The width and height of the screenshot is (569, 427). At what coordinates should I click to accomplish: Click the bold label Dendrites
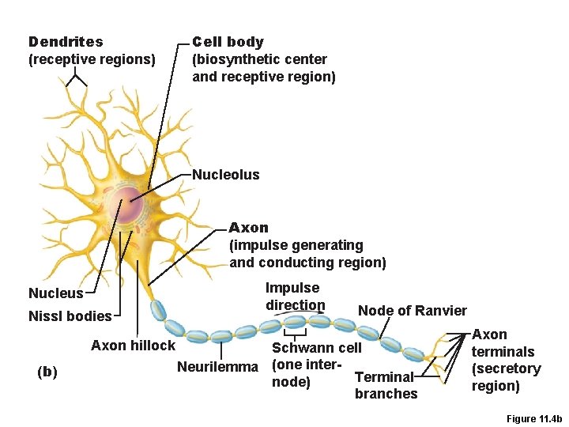[66, 42]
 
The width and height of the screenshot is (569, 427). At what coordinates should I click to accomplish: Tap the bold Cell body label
[228, 42]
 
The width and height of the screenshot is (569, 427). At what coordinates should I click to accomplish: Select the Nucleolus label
[226, 175]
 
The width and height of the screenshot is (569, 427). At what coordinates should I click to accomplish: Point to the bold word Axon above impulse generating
[249, 228]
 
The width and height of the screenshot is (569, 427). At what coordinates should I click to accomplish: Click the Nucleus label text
[55, 293]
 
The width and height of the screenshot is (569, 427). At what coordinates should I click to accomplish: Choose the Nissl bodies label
[70, 316]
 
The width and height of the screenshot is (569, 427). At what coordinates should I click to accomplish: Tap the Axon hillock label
[133, 345]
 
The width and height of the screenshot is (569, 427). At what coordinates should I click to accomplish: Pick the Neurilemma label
[217, 367]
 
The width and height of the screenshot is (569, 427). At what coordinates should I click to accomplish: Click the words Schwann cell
[316, 348]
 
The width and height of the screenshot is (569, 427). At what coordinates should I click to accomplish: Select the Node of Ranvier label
[413, 311]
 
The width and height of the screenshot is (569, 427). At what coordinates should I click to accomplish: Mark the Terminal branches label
[386, 385]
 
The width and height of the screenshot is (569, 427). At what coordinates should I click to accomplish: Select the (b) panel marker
[47, 372]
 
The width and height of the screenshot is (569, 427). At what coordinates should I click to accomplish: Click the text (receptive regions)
[92, 59]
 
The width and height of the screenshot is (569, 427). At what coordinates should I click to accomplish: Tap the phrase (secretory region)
[507, 377]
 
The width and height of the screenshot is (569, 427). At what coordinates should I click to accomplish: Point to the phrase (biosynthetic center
[259, 59]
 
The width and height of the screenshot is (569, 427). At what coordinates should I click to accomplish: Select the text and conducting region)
[307, 263]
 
